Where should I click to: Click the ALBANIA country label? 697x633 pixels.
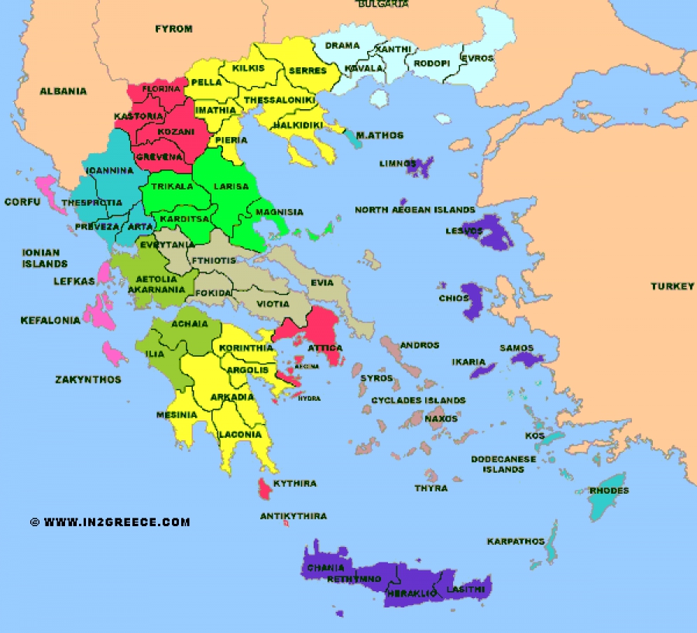pos(64,91)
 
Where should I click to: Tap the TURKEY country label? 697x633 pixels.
pos(672,286)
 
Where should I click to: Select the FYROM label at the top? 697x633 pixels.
pos(173,29)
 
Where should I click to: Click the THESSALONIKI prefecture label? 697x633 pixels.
pos(280,101)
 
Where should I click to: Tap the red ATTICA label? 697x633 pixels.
pos(326,348)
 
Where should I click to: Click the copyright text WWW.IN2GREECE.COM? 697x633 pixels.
pos(116,522)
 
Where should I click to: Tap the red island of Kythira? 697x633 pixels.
pos(265,488)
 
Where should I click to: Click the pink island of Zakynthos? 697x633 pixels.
pos(113,355)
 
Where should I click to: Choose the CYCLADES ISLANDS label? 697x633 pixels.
pos(418,400)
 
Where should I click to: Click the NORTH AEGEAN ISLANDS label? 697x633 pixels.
pos(414,210)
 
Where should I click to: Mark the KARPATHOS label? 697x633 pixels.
pos(515,541)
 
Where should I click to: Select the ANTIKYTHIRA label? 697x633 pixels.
pos(293,515)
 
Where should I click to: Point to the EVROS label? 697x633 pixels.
pos(477,58)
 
